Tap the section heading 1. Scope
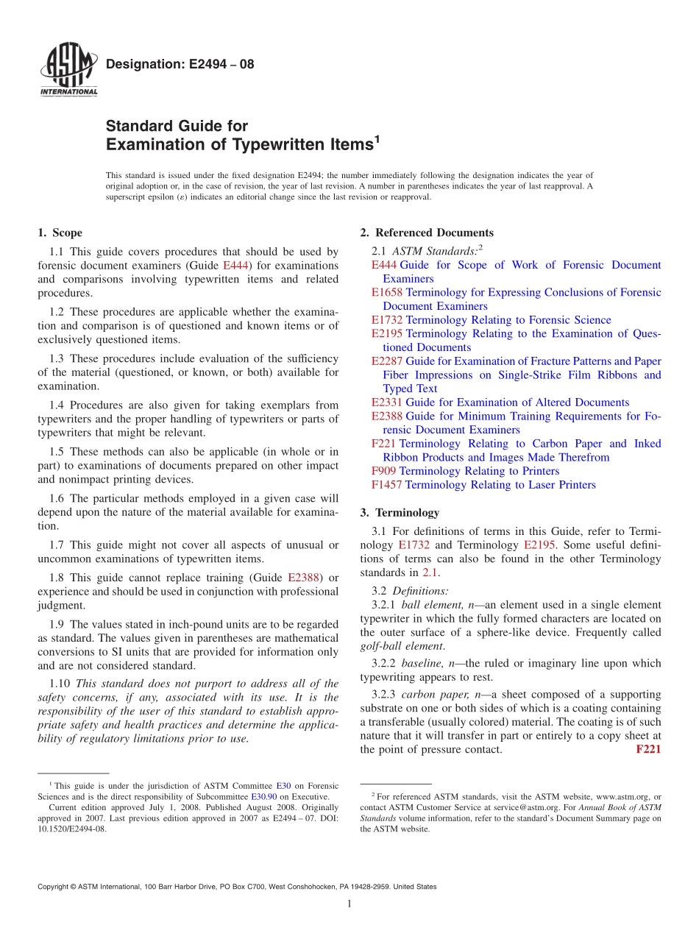coord(60,233)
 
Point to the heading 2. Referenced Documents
coord(427,233)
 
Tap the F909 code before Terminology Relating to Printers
coord(383,471)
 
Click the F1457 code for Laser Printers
coord(386,485)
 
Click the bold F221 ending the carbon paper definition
coord(647,750)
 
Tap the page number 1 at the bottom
coord(349,904)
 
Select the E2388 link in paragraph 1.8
coord(303,578)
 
